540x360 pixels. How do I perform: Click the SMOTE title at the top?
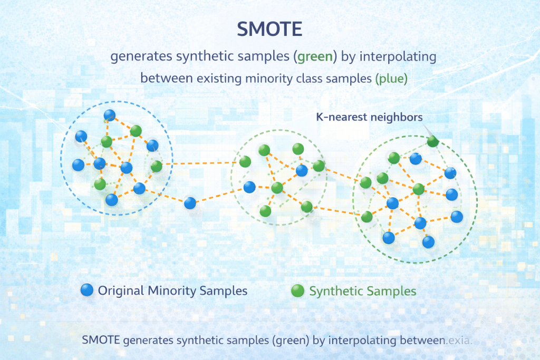pos(269,30)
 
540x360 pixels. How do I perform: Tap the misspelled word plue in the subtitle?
pos(391,79)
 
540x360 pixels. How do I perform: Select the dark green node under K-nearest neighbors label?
pos(432,141)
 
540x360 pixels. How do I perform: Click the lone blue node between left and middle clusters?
pos(190,202)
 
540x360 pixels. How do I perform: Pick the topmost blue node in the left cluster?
pos(110,115)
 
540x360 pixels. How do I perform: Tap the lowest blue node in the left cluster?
pos(111,200)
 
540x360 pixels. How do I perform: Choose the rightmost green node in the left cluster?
pos(156,167)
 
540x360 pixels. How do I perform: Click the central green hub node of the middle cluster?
pos(277,188)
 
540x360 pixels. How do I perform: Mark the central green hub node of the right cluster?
pos(419,189)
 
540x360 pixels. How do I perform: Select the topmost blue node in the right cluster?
pos(416,158)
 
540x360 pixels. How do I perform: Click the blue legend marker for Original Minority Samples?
pos(86,290)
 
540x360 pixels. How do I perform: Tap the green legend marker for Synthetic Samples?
pos(297,290)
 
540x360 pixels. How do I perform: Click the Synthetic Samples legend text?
pos(363,291)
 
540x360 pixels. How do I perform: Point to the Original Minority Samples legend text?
pos(172,291)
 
